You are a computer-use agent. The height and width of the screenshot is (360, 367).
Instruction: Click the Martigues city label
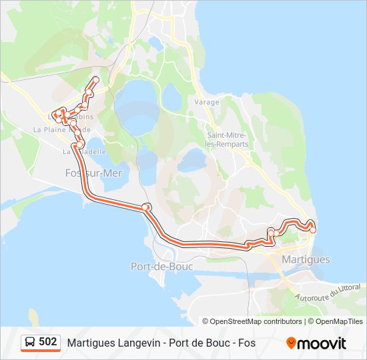point(306,259)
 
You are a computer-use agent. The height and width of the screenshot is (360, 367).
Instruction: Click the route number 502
point(48,342)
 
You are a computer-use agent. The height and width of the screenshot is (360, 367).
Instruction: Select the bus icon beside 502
point(30,343)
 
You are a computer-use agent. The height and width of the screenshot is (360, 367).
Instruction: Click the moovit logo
point(316,343)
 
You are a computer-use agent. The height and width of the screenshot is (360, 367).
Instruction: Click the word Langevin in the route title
point(134,343)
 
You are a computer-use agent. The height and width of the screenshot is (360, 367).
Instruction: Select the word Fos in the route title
point(247,343)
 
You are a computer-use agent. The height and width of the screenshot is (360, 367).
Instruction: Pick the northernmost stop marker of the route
point(95,80)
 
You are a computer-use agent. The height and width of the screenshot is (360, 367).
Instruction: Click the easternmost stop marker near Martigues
point(313,230)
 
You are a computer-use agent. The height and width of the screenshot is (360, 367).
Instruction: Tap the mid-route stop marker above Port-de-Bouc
point(146,207)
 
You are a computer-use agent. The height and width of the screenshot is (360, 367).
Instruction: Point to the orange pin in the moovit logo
point(291,343)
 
